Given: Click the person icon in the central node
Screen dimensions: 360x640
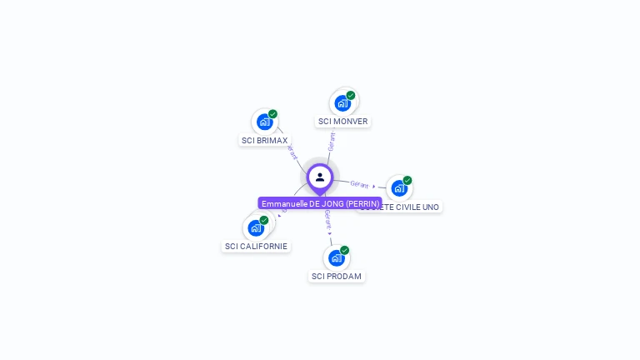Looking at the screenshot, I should [320, 177].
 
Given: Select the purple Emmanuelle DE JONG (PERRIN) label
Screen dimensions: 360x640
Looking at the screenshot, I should [320, 203].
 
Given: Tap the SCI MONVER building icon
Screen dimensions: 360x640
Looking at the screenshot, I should [342, 103].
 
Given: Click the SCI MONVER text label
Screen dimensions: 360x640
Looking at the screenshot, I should [342, 122].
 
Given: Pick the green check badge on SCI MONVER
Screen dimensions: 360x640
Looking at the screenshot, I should [351, 95].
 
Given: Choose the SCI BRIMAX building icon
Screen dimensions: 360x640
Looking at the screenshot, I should [264, 122].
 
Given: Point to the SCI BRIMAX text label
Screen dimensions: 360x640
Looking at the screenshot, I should [265, 140].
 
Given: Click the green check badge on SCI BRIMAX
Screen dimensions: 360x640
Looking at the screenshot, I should [272, 114].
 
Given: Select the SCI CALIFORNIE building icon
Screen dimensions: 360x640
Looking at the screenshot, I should [255, 227].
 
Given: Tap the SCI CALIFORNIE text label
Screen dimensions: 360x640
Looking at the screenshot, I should [256, 246].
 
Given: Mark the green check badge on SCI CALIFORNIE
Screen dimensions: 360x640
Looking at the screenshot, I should [264, 220].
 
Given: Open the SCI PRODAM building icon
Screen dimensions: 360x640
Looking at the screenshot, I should [336, 257].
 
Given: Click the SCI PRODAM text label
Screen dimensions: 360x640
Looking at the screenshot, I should [337, 276].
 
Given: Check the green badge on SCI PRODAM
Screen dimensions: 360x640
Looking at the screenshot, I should [344, 250].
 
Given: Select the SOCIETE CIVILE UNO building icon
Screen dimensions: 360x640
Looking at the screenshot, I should [399, 188].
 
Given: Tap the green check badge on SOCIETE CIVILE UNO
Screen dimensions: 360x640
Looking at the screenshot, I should [407, 180].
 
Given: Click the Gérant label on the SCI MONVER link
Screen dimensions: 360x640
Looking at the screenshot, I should [332, 141].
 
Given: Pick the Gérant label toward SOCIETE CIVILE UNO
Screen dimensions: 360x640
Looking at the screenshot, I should [360, 184].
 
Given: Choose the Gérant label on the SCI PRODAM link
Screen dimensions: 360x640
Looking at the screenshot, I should [328, 220].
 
